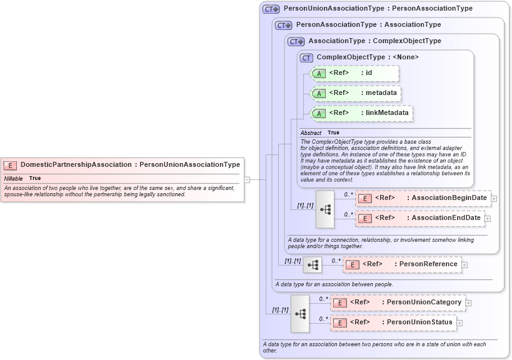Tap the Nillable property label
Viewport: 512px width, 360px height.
pyautogui.click(x=13, y=178)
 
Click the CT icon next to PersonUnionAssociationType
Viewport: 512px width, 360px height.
pyautogui.click(x=271, y=9)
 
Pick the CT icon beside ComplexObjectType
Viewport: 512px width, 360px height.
pyautogui.click(x=306, y=57)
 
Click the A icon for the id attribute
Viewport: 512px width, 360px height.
pyautogui.click(x=319, y=73)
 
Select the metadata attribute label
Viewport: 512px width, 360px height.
pyautogui.click(x=381, y=93)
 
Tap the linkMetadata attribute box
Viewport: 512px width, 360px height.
pyautogui.click(x=362, y=113)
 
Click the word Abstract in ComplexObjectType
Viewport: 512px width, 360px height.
pyautogui.click(x=311, y=132)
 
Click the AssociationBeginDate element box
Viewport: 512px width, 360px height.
pyautogui.click(x=423, y=198)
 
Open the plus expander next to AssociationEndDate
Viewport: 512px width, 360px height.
pyautogui.click(x=488, y=218)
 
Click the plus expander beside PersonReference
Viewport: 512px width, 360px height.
pyautogui.click(x=464, y=265)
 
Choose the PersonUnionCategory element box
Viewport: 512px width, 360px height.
pyautogui.click(x=398, y=302)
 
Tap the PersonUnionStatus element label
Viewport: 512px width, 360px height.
pyautogui.click(x=419, y=322)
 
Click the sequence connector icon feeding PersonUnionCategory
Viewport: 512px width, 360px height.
pyautogui.click(x=300, y=313)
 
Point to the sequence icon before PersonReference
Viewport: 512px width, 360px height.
pyautogui.click(x=313, y=265)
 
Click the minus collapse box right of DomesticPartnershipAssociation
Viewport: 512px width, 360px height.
pyautogui.click(x=247, y=179)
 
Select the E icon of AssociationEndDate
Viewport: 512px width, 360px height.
pyautogui.click(x=364, y=218)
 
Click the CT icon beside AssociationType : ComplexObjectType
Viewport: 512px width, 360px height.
pyautogui.click(x=296, y=41)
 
